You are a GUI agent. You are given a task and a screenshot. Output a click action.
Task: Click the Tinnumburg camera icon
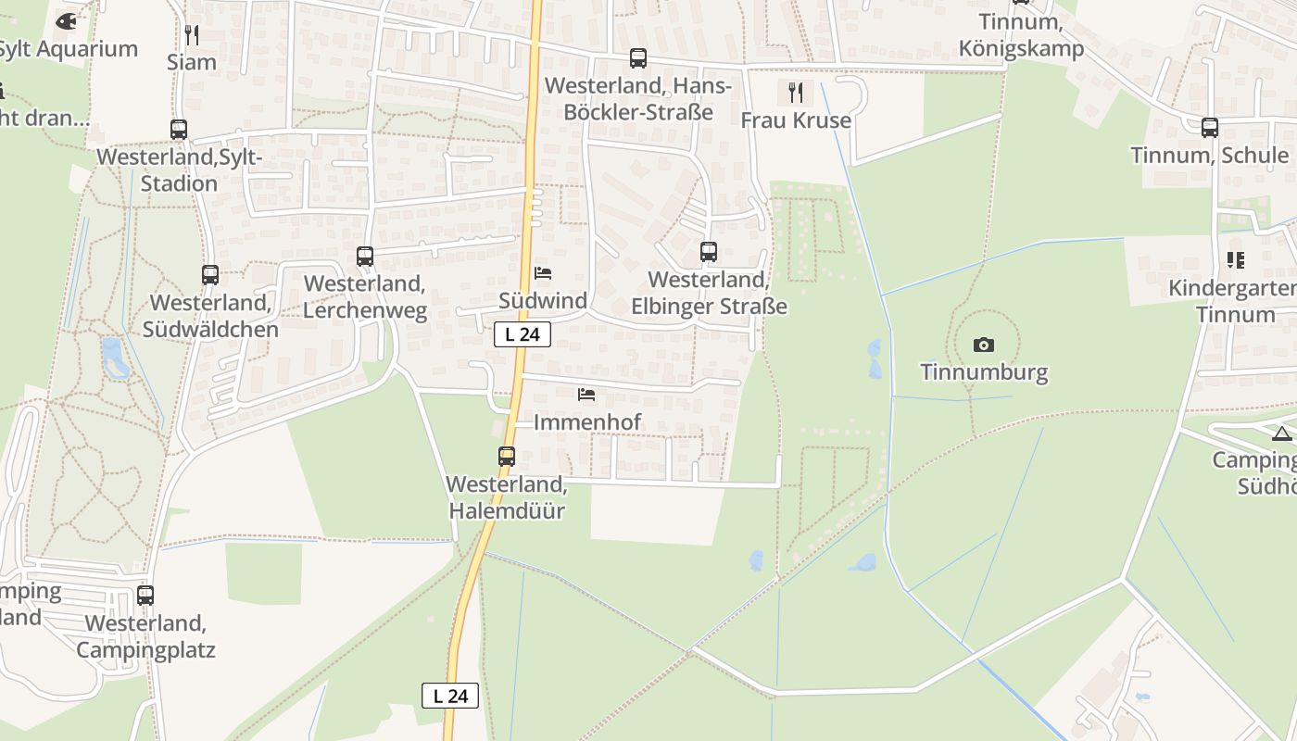pyautogui.click(x=984, y=345)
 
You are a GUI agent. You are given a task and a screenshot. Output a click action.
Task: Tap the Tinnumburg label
pyautogui.click(x=984, y=372)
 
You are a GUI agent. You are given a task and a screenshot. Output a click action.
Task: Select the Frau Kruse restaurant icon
pyautogui.click(x=795, y=93)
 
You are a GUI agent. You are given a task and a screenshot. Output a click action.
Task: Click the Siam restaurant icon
pyautogui.click(x=192, y=35)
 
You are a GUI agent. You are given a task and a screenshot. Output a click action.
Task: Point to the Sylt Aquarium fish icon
pyautogui.click(x=67, y=20)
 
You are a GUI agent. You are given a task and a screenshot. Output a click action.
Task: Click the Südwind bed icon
pyautogui.click(x=543, y=273)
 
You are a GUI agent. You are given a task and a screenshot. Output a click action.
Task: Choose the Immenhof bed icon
pyautogui.click(x=586, y=395)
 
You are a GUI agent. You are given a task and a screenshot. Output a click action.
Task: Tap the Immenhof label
pyautogui.click(x=587, y=422)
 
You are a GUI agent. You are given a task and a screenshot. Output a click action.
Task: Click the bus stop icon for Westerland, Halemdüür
pyautogui.click(x=507, y=456)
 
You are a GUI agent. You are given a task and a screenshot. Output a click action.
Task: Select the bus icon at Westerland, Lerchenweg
pyautogui.click(x=365, y=256)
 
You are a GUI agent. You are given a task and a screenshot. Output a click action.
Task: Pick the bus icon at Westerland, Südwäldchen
pyautogui.click(x=210, y=274)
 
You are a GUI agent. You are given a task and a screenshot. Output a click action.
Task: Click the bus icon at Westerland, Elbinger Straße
pyautogui.click(x=709, y=251)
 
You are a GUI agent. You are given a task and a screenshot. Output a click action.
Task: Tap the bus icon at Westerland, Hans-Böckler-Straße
pyautogui.click(x=638, y=58)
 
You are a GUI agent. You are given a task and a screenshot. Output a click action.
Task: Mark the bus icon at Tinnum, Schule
pyautogui.click(x=1210, y=128)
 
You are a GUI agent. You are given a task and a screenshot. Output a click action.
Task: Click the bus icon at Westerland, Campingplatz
pyautogui.click(x=145, y=596)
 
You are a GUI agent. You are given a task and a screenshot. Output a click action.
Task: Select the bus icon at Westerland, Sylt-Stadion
pyautogui.click(x=179, y=130)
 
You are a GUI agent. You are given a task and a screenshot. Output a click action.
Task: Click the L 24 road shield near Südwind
pyautogui.click(x=523, y=334)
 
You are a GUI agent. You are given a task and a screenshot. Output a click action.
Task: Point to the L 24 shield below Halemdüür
pyautogui.click(x=450, y=696)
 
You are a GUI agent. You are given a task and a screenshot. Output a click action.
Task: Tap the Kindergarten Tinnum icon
pyautogui.click(x=1236, y=260)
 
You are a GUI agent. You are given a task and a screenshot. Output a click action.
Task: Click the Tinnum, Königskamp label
pyautogui.click(x=1021, y=35)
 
